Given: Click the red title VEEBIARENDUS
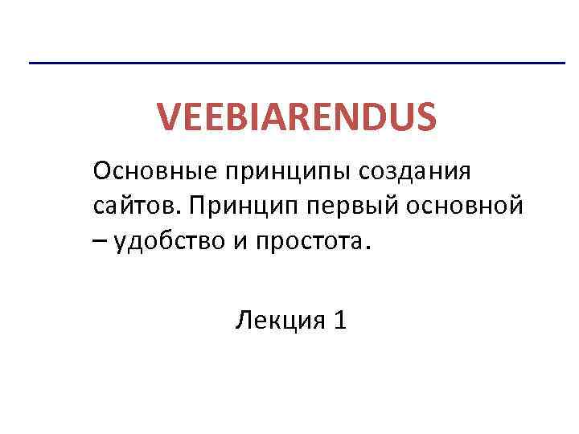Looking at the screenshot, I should point(297,117).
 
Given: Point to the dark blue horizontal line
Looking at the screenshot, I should point(297,63).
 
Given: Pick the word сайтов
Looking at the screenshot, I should point(137,207).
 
